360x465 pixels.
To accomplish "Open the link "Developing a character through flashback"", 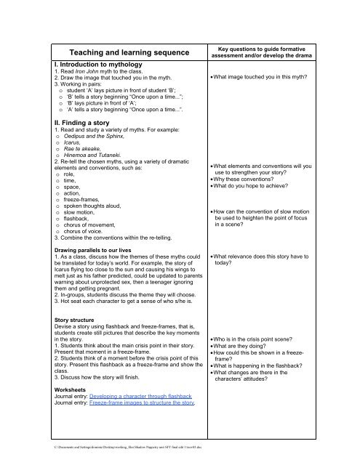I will click(148, 392).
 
